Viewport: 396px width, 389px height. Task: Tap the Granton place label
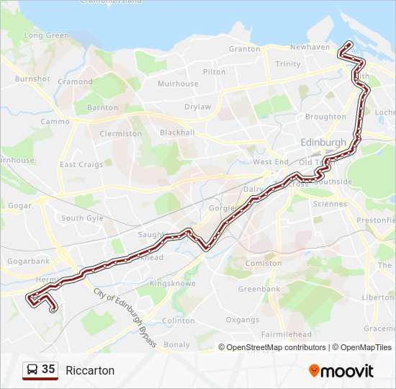point(244,49)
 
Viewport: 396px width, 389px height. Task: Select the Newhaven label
point(310,48)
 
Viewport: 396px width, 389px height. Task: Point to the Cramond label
point(76,82)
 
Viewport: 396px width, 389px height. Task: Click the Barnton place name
point(102,108)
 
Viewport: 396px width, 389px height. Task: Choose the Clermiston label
point(121,134)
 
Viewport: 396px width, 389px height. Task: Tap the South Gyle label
point(82,218)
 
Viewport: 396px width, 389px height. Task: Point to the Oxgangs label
point(242,320)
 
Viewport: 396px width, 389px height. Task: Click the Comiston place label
point(264,264)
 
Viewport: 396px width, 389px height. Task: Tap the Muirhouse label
point(178,84)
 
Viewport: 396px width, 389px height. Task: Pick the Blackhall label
point(177,133)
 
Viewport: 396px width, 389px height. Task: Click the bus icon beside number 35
point(32,370)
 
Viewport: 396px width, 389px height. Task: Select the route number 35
point(48,370)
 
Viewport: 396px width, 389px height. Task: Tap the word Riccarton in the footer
point(90,370)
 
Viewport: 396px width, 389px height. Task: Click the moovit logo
point(341,371)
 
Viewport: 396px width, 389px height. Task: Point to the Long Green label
point(47,35)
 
